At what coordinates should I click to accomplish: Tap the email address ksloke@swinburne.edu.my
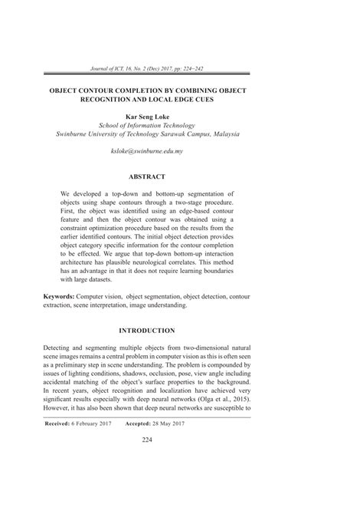[x=147, y=152]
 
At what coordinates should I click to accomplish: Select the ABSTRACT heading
[x=147, y=176]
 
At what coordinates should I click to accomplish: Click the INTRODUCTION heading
[x=147, y=331]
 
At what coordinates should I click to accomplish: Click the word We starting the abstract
[x=66, y=195]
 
